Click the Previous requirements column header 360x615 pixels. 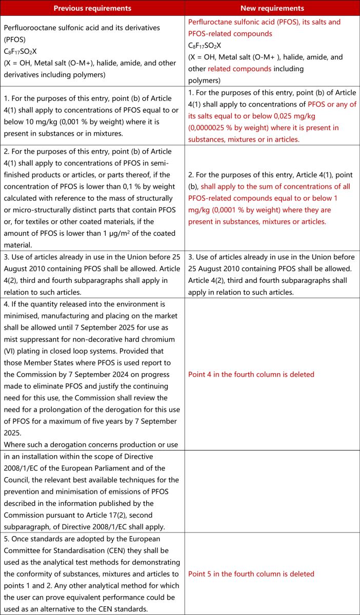click(x=92, y=8)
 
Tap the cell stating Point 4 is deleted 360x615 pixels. click(x=251, y=374)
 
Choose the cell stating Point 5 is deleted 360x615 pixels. click(x=251, y=574)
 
